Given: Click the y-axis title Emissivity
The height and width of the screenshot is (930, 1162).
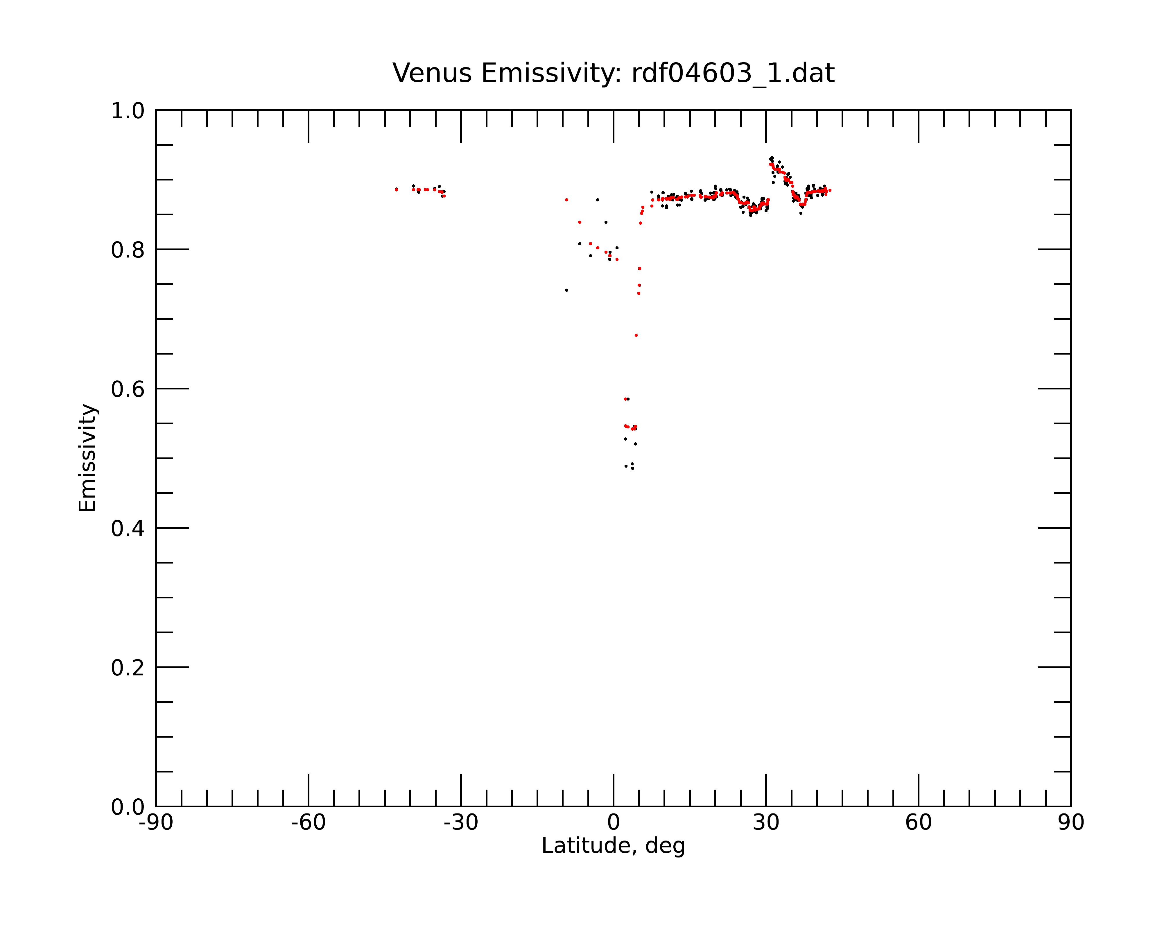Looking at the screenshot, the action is point(87,458).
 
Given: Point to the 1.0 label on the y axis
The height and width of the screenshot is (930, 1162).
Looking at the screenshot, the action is point(128,111).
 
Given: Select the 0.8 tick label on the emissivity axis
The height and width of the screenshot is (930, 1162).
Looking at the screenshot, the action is point(128,250).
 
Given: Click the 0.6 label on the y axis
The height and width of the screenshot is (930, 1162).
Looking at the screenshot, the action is point(128,389).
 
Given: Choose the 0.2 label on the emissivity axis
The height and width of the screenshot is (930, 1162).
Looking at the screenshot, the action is point(128,668).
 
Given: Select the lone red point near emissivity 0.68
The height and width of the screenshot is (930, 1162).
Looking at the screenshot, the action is point(636,335).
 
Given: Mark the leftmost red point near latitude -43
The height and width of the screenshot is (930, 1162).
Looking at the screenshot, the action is point(396,189).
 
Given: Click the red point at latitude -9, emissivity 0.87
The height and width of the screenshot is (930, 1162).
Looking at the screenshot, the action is point(566,199).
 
